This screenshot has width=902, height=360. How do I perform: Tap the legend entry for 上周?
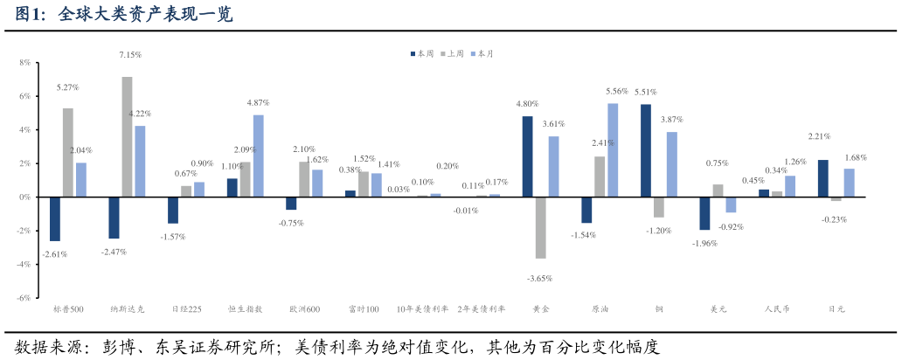click(x=452, y=54)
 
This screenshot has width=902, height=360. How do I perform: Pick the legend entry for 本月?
click(x=482, y=54)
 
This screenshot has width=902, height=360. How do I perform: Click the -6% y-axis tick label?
click(x=24, y=298)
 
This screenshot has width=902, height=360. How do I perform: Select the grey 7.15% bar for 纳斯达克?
click(x=127, y=136)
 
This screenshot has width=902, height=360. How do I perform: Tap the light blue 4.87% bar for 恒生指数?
click(x=258, y=156)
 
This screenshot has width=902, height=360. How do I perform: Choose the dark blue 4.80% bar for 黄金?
click(x=528, y=156)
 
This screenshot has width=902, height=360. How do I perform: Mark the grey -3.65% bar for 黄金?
click(x=541, y=227)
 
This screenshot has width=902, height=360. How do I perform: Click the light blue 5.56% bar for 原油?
click(x=613, y=150)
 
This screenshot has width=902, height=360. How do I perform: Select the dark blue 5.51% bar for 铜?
click(x=646, y=150)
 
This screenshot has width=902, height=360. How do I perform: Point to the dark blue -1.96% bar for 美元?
click(x=704, y=213)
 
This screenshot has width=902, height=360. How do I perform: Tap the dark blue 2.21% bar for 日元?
click(x=823, y=178)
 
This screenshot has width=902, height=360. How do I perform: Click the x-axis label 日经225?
click(x=186, y=309)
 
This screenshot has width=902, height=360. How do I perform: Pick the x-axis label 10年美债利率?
click(x=422, y=309)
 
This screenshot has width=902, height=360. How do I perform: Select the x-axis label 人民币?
click(x=777, y=309)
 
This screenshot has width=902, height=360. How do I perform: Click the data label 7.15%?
click(x=130, y=55)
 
